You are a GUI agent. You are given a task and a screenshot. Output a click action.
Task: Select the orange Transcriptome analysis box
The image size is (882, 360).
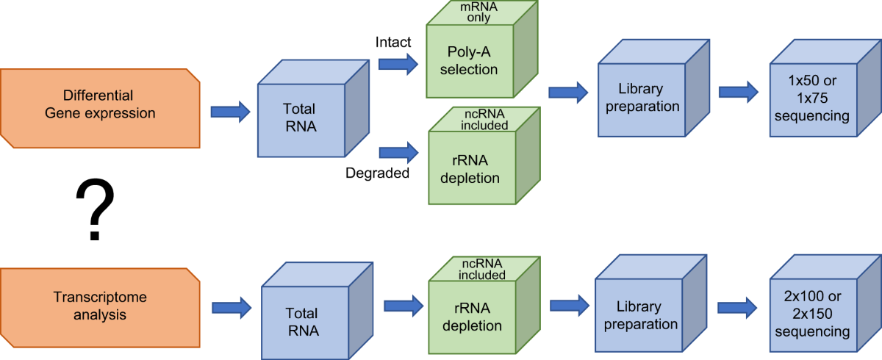click(x=100, y=306)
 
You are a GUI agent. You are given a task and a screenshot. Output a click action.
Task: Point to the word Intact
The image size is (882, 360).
click(x=394, y=43)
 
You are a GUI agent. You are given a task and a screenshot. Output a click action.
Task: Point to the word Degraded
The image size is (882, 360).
click(x=377, y=174)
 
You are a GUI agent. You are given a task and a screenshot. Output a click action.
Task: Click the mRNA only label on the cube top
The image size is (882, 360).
click(x=472, y=12)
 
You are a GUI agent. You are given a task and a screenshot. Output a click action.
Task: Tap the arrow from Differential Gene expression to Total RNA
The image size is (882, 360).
click(x=231, y=112)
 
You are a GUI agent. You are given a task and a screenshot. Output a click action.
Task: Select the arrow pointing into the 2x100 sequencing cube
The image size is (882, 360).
click(x=738, y=308)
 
